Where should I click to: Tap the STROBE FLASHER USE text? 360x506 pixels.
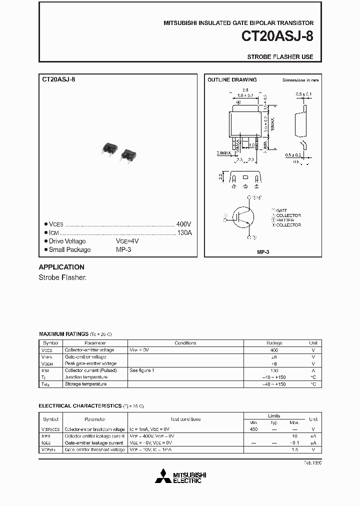tap(280, 57)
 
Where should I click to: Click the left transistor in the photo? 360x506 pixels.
tap(109, 149)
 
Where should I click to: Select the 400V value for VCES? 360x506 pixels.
tap(183, 224)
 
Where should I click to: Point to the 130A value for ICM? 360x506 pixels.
tap(184, 233)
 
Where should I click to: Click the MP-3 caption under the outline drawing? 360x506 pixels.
tap(263, 252)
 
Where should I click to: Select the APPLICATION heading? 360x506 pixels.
tap(61, 267)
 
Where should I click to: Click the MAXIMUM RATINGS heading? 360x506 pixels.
tap(63, 333)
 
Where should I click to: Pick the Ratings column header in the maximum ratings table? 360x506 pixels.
tap(274, 343)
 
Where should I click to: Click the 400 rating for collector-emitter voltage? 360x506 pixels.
tap(274, 350)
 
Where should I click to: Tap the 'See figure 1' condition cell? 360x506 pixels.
tap(142, 370)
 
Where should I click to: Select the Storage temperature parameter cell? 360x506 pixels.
tap(85, 384)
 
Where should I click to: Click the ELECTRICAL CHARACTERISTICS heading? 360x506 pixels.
tap(80, 406)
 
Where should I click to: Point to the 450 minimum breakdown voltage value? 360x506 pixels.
tap(253, 429)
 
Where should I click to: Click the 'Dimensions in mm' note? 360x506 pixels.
tap(300, 80)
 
